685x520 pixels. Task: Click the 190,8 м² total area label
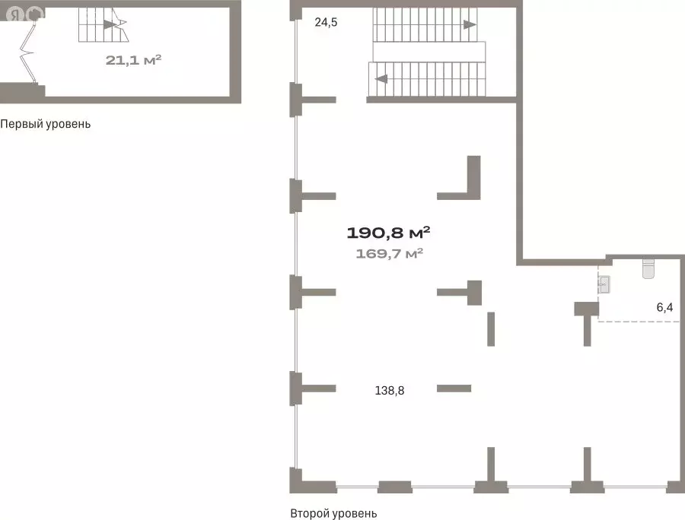tap(388, 233)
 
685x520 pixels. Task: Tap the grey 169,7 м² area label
tap(389, 253)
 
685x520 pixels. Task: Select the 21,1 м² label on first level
tap(133, 60)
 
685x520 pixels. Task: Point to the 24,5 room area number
tap(326, 22)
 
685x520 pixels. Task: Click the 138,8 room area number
tap(390, 391)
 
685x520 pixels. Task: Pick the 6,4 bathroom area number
tap(664, 308)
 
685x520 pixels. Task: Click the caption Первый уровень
tap(46, 124)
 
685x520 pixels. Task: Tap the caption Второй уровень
tap(333, 513)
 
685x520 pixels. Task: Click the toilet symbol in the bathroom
tap(648, 268)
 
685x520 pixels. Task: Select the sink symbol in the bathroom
tap(604, 284)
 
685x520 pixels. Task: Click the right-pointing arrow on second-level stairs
tap(470, 24)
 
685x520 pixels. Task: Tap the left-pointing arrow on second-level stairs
tap(381, 79)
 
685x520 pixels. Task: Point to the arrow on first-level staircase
tap(110, 24)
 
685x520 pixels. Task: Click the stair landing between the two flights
tap(429, 52)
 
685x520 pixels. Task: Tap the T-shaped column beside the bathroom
tap(587, 322)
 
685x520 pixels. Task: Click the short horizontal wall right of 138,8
tap(454, 388)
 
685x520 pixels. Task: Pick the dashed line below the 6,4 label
tap(639, 322)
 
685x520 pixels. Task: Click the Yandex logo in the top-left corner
tap(16, 15)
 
